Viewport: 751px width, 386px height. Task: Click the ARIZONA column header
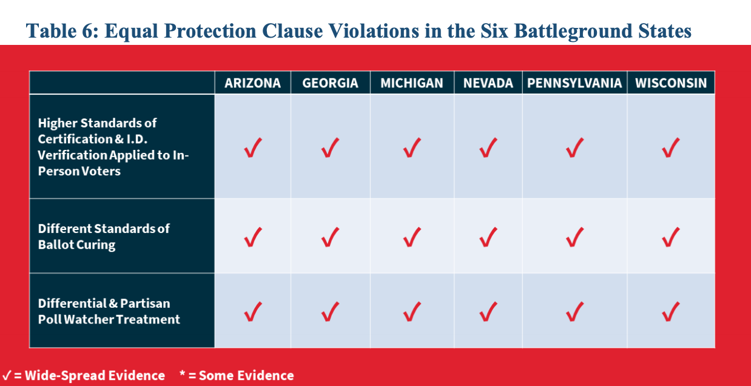pyautogui.click(x=252, y=83)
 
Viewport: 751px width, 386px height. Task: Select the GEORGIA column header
pyautogui.click(x=330, y=83)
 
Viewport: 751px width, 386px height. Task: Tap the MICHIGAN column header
pyautogui.click(x=412, y=83)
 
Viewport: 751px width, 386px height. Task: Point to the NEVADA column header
pyautogui.click(x=488, y=83)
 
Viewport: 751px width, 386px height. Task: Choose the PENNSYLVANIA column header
pyautogui.click(x=574, y=83)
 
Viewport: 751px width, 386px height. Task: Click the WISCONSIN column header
pyautogui.click(x=671, y=83)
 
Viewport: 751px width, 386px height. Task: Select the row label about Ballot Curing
pyautogui.click(x=104, y=237)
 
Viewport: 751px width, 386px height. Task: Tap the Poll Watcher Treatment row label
pyautogui.click(x=109, y=311)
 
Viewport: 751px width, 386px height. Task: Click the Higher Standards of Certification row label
pyautogui.click(x=113, y=147)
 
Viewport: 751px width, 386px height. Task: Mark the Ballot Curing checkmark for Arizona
pyautogui.click(x=253, y=237)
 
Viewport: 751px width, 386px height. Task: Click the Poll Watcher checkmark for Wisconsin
pyautogui.click(x=670, y=311)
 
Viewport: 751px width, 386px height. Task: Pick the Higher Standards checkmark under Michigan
pyautogui.click(x=412, y=147)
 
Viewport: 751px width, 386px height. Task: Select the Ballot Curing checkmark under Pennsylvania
pyautogui.click(x=574, y=237)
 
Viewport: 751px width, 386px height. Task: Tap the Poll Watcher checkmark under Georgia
pyautogui.click(x=330, y=311)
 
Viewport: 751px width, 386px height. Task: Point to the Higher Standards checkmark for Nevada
pyautogui.click(x=488, y=147)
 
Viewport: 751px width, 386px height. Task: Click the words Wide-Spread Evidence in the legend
pyautogui.click(x=95, y=376)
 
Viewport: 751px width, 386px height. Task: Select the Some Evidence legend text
pyautogui.click(x=246, y=376)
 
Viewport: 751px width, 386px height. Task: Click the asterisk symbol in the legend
pyautogui.click(x=183, y=373)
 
